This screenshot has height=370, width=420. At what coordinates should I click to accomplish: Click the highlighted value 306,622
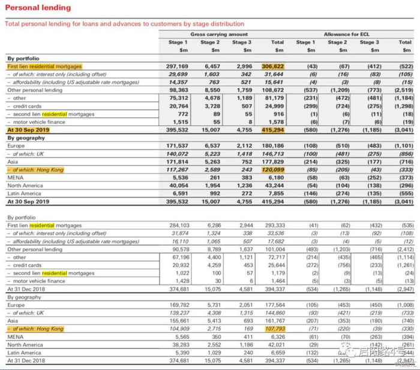coord(273,66)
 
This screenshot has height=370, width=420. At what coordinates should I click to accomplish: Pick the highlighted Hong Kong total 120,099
coord(273,169)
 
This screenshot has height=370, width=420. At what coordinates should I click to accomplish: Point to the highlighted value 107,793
coord(273,329)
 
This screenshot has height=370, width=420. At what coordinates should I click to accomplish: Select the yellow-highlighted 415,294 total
coord(273,129)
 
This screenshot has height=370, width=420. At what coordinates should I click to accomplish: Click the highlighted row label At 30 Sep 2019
coord(28,129)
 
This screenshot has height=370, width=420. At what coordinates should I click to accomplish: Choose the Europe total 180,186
coord(274,145)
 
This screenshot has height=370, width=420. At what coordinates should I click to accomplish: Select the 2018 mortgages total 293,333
coord(274,225)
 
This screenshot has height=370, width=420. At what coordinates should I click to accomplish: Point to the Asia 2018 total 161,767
coord(274,321)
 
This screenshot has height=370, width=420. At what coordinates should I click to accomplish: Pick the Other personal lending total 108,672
coord(274,90)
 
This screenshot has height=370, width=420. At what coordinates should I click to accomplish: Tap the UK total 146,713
coord(274,153)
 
